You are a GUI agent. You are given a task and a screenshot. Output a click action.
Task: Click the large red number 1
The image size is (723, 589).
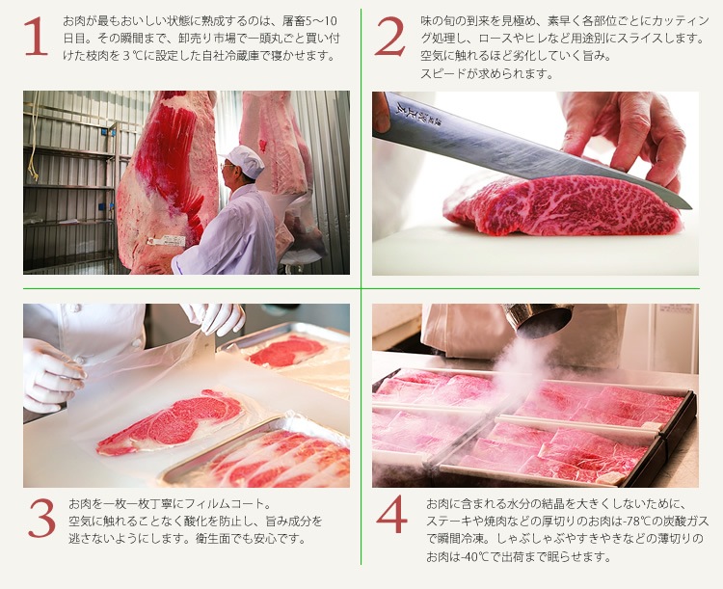[x=36, y=37]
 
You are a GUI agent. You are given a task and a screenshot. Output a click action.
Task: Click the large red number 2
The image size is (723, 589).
[x=390, y=37]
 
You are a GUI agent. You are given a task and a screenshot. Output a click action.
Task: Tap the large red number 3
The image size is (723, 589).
[x=42, y=518]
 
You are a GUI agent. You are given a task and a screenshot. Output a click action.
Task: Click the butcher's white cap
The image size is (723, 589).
[x=245, y=160]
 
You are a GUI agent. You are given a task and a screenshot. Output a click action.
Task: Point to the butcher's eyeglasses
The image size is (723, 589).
[x=226, y=165]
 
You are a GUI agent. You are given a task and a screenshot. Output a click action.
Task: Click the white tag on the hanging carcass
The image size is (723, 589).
[x=166, y=241]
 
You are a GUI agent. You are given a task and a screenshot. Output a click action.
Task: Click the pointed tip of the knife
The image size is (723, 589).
[x=690, y=207]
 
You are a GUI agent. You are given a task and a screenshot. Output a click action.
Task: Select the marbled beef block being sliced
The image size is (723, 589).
[x=563, y=205]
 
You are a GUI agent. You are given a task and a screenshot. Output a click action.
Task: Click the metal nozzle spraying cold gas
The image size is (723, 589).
[x=538, y=319]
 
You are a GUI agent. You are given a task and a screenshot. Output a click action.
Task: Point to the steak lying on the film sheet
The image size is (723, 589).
[x=172, y=421]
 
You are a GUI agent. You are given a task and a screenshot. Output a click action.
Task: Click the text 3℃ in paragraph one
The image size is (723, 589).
[x=133, y=56]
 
